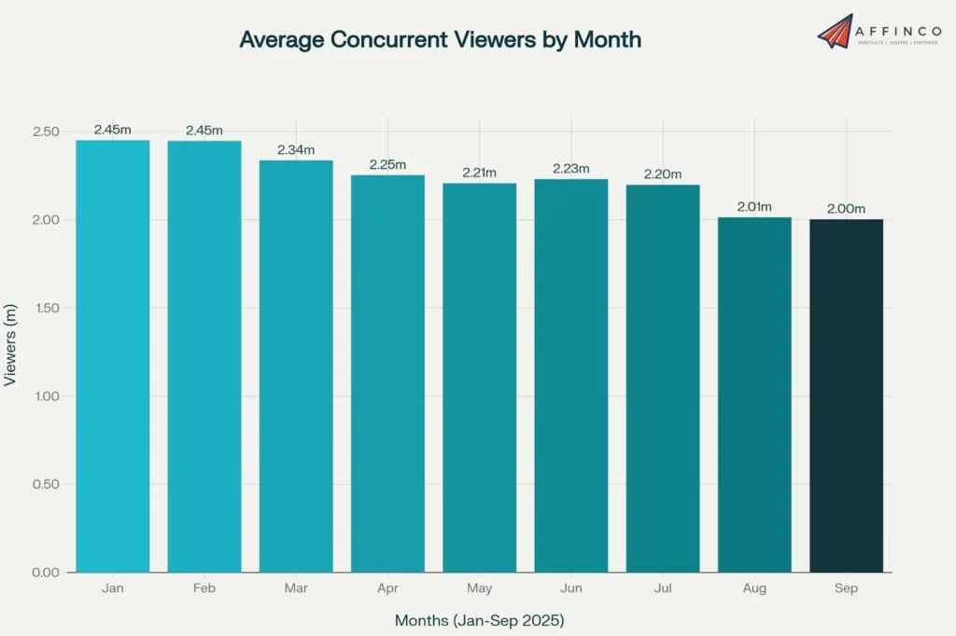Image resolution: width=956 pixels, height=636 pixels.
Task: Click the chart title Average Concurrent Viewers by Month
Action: click(x=440, y=39)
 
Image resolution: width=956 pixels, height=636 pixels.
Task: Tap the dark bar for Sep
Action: click(x=846, y=395)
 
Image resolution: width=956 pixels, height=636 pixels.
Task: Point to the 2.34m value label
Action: click(x=296, y=149)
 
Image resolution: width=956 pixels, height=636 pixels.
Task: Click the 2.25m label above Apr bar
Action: click(x=387, y=164)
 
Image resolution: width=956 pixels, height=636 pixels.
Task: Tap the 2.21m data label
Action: click(x=479, y=173)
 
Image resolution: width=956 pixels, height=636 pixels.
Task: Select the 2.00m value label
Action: click(x=846, y=208)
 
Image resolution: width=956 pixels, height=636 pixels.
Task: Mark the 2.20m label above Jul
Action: click(x=663, y=173)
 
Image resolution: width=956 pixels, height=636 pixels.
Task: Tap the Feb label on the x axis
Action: click(x=204, y=588)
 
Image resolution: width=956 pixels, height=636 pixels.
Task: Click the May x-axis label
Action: click(x=479, y=588)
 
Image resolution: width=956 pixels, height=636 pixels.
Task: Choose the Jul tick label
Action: click(x=663, y=588)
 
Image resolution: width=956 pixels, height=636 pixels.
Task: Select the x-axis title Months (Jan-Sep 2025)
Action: click(x=479, y=620)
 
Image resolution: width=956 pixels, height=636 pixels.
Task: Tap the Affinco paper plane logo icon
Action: click(x=836, y=31)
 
